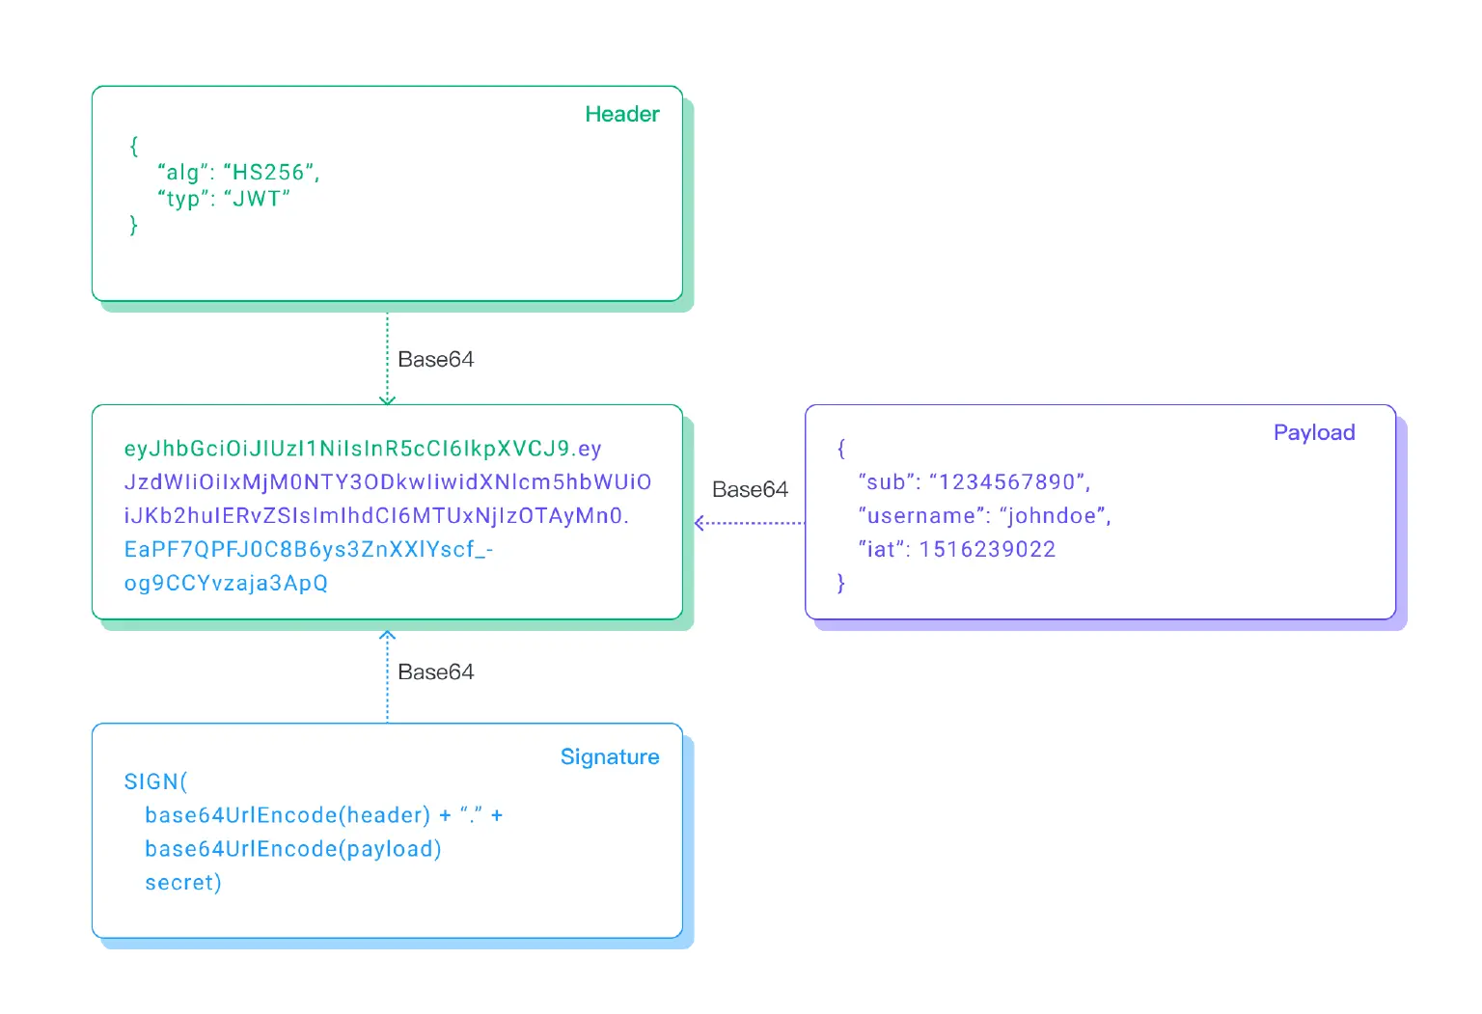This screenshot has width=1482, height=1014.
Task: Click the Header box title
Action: [621, 114]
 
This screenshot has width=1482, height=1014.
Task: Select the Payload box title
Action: [1313, 432]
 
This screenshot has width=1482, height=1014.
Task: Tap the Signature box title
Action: [609, 756]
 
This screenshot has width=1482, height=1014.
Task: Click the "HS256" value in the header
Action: [268, 173]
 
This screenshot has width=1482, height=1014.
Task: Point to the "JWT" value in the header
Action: [257, 200]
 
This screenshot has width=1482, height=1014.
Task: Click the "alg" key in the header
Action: [182, 173]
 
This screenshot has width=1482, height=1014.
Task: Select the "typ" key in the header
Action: [182, 200]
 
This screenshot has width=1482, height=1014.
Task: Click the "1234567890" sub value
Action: [1007, 482]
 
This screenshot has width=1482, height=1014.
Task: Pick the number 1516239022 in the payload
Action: [987, 550]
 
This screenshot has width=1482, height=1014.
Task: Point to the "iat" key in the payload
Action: [881, 550]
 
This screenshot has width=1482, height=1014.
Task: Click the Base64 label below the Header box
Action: [435, 360]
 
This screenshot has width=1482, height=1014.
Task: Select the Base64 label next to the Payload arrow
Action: [750, 490]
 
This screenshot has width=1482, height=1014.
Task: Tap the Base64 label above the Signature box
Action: [435, 672]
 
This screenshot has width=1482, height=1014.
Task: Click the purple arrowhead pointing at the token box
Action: [700, 523]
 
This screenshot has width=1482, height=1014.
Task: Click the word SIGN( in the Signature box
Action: [155, 781]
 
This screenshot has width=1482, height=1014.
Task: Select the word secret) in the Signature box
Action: [182, 883]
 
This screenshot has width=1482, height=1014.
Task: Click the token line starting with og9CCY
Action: [226, 584]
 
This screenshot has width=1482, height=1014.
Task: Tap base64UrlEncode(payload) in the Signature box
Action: [292, 849]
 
